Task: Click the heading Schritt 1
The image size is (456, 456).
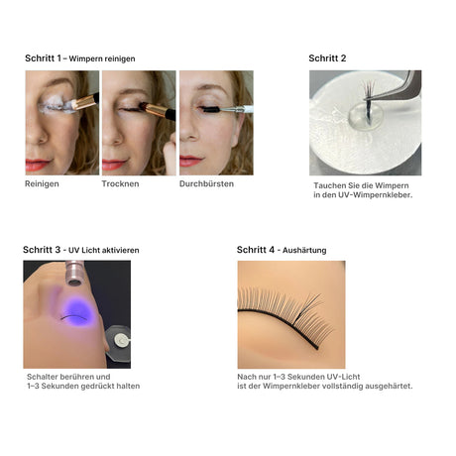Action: click(x=43, y=58)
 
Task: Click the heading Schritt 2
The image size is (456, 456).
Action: click(x=327, y=58)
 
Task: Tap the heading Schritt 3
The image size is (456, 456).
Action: click(x=42, y=250)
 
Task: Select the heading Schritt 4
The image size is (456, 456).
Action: click(x=256, y=250)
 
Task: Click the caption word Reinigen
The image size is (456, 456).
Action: click(x=42, y=184)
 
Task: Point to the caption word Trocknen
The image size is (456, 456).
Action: click(x=120, y=183)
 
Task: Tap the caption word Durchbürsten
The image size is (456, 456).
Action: click(x=206, y=183)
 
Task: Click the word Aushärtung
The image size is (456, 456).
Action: click(x=304, y=251)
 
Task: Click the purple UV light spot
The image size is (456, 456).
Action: click(x=78, y=311)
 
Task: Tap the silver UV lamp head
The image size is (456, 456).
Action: click(x=74, y=273)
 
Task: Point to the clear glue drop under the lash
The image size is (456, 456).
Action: click(x=366, y=117)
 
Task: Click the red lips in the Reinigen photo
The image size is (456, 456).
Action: click(x=38, y=164)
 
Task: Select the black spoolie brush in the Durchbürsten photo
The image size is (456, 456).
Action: click(x=210, y=109)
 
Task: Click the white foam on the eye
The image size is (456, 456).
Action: click(x=57, y=105)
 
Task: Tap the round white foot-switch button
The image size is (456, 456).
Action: click(x=122, y=340)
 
